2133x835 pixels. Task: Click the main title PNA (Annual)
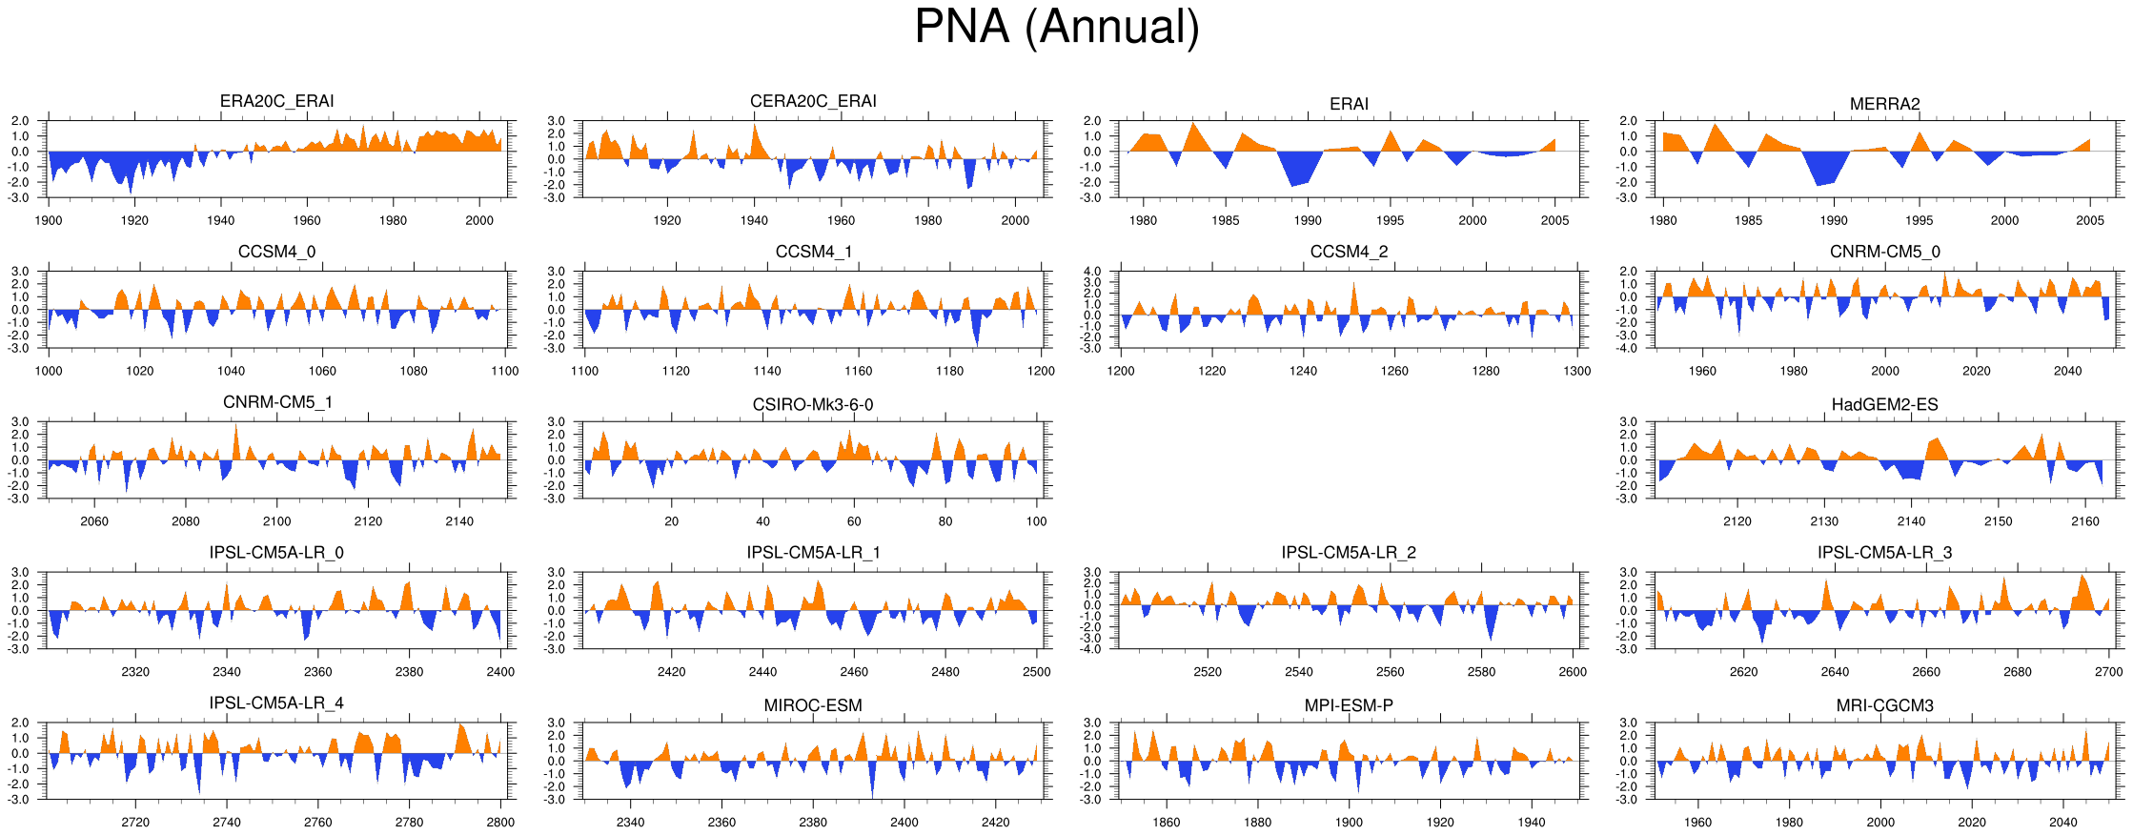tap(1056, 27)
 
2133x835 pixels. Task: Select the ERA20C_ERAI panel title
tap(276, 101)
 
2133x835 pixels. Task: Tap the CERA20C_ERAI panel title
tap(813, 101)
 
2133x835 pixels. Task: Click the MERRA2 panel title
tap(1884, 104)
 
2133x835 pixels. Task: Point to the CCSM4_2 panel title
tap(1349, 252)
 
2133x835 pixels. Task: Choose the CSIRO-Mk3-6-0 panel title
tap(813, 405)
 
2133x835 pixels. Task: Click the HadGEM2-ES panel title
tap(1884, 405)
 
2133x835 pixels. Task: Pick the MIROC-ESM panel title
tap(813, 706)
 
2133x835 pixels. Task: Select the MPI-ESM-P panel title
tap(1349, 706)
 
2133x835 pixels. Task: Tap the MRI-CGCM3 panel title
tap(1884, 706)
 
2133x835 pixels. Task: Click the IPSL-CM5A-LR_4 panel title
tap(276, 703)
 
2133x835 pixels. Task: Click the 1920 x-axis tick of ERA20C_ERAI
tap(134, 220)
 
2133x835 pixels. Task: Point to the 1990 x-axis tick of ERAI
tap(1308, 220)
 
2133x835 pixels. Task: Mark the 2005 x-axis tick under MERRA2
tap(2090, 220)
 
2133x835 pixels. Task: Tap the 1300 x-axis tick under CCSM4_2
tap(1577, 371)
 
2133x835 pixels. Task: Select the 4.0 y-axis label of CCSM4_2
tap(1092, 272)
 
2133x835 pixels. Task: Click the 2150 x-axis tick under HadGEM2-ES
tap(1999, 521)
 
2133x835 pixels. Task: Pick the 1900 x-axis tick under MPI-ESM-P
tap(1349, 823)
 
